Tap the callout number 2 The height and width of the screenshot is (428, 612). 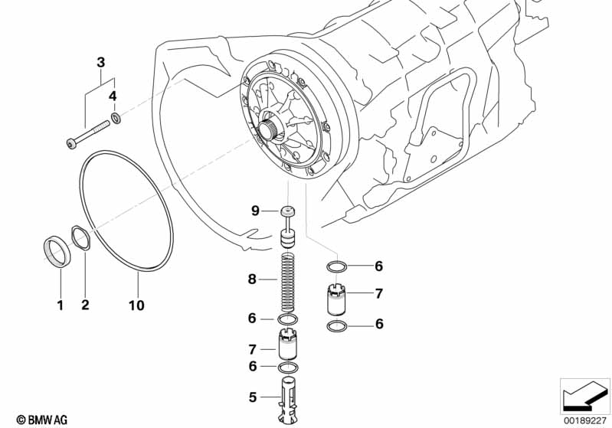tap(85, 305)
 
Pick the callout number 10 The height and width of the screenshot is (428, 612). tap(136, 305)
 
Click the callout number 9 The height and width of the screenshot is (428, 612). tap(256, 211)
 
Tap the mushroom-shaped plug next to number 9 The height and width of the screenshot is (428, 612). tap(288, 212)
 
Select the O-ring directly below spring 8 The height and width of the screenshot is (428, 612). tap(288, 319)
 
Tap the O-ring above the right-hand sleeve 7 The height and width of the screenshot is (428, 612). tap(336, 266)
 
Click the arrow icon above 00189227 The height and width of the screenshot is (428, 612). tap(584, 395)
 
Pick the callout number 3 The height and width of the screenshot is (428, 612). tap(100, 62)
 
